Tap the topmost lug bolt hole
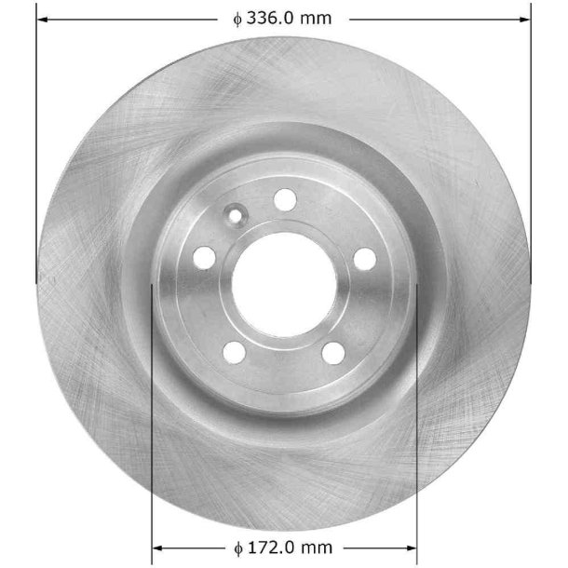(286, 199)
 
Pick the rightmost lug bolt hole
(364, 258)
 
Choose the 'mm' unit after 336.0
(318, 18)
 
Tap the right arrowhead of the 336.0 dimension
(524, 18)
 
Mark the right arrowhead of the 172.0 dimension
(411, 548)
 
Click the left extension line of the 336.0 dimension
(36, 140)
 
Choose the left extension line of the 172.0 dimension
(151, 419)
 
